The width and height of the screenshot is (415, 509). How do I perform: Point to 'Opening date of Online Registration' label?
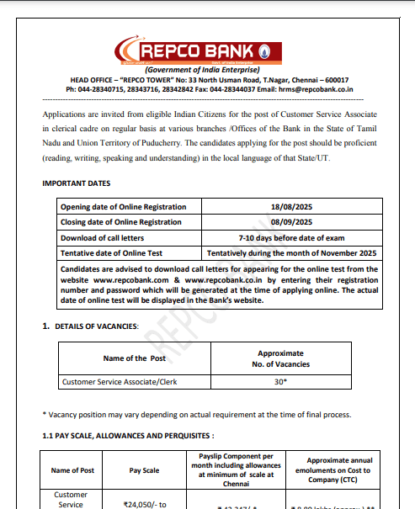(123, 207)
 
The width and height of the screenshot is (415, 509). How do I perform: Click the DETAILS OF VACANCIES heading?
(97, 325)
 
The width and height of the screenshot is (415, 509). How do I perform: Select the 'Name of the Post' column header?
(135, 358)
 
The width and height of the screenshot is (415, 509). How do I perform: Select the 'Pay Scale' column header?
(142, 471)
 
